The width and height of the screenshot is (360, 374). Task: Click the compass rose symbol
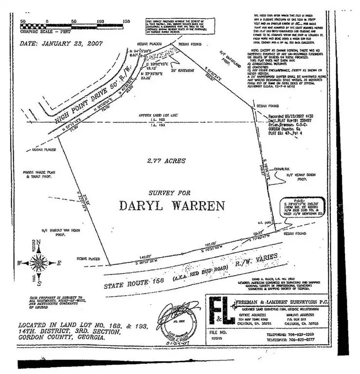pos(38,262)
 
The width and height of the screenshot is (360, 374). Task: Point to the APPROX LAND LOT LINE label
pos(156,115)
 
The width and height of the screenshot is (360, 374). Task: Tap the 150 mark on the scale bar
pos(126,21)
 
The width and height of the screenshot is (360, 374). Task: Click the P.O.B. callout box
pos(300,206)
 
